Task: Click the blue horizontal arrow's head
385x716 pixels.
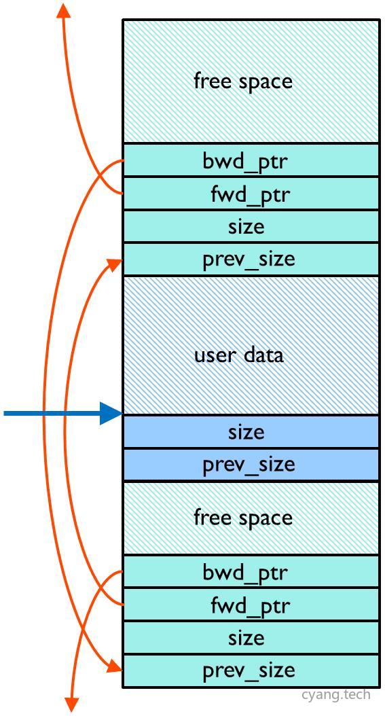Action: coord(111,413)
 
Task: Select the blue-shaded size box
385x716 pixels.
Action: coord(251,432)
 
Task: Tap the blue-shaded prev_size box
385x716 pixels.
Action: coord(251,465)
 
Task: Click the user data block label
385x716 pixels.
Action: coord(239,355)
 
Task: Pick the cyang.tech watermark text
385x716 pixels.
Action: coord(336,694)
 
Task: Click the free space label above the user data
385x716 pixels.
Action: coord(243,82)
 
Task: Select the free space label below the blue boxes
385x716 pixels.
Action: coord(243,518)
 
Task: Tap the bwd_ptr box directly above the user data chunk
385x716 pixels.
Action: coord(251,161)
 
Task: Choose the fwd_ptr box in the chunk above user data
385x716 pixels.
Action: coord(251,194)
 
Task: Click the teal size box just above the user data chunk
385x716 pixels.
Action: coord(251,227)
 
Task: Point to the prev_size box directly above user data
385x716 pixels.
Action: coord(251,259)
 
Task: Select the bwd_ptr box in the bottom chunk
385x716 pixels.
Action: coord(251,573)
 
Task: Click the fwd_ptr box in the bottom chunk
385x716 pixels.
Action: coord(251,605)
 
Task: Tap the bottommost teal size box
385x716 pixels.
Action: coord(251,638)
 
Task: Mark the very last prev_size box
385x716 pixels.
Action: coord(251,670)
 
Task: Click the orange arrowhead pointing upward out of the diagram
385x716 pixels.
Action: coord(64,11)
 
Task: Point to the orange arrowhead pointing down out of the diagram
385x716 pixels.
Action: coord(71,704)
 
